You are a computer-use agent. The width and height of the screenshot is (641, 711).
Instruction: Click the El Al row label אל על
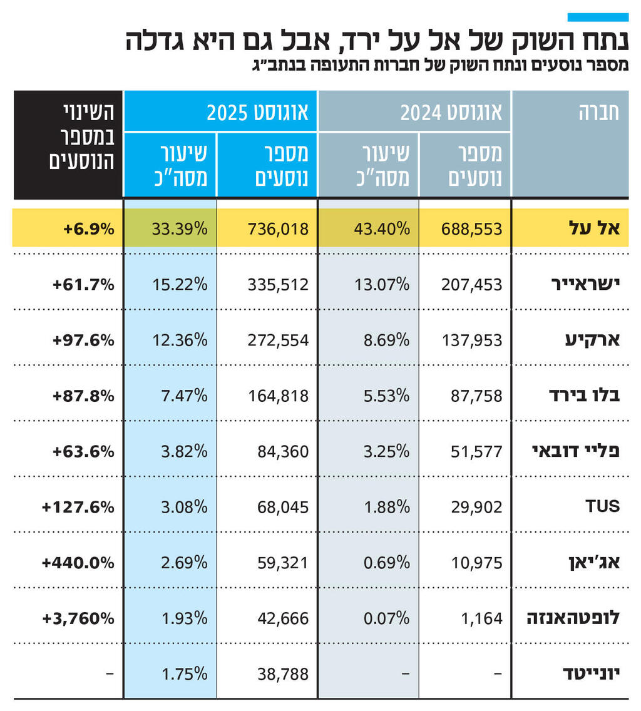click(601, 228)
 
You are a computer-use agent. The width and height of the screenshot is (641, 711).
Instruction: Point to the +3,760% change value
click(78, 618)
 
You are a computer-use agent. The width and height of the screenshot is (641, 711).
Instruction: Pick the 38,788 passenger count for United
click(282, 674)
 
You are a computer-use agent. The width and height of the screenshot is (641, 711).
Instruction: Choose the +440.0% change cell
click(78, 563)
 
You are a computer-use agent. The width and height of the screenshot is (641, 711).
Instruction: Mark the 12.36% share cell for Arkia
click(180, 340)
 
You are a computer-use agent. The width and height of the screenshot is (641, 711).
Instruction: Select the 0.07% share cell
click(386, 618)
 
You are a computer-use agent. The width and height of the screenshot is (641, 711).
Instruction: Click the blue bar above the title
click(598, 17)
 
